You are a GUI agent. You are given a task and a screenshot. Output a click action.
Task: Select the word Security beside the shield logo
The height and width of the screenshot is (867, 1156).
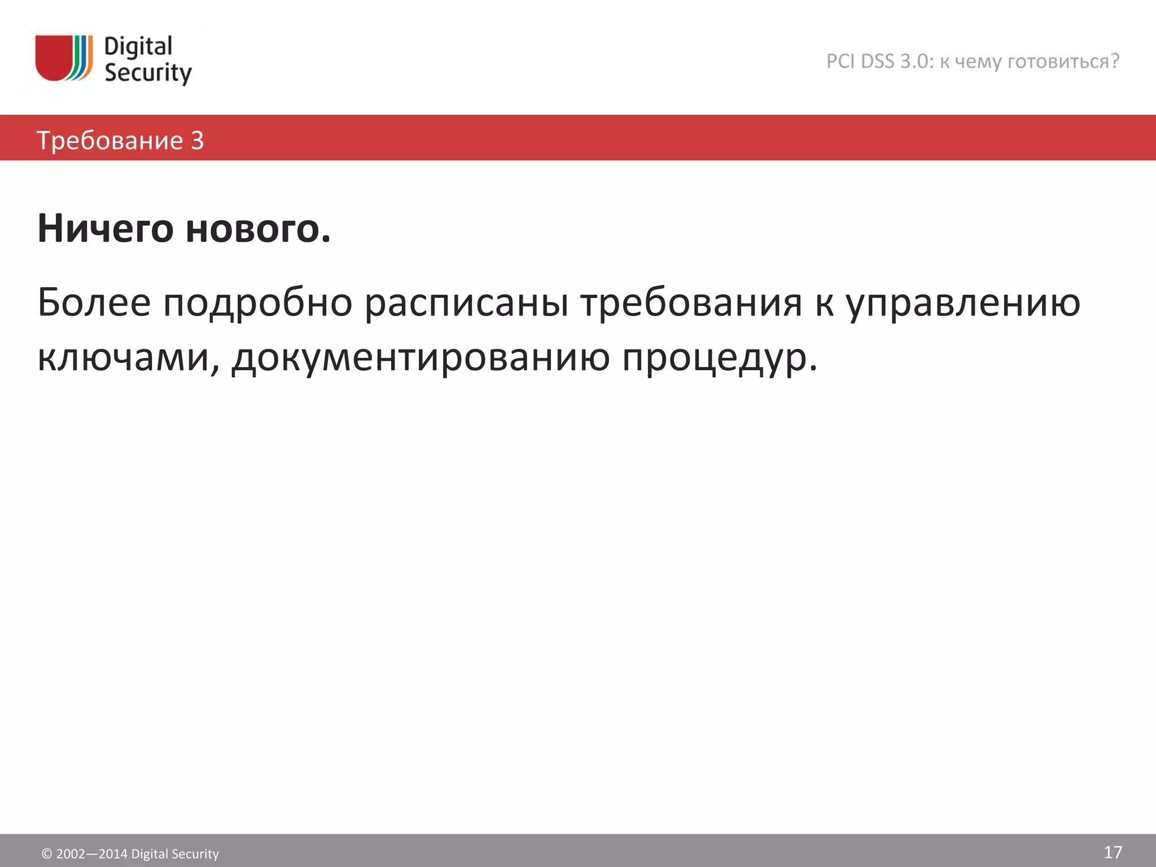pos(148,73)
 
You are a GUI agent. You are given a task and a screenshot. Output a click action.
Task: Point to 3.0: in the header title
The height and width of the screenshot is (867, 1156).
pos(917,61)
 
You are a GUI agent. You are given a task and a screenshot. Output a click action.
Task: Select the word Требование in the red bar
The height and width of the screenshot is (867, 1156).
pos(110,140)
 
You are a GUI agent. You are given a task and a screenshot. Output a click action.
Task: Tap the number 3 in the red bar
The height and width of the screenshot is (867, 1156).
pos(197,140)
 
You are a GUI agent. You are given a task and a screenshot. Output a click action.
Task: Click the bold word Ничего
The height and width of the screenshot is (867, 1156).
pos(106,229)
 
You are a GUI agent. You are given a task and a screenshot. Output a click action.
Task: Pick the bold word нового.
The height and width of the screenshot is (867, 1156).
pos(258,229)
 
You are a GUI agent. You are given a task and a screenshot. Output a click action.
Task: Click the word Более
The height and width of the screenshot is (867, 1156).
pos(94,303)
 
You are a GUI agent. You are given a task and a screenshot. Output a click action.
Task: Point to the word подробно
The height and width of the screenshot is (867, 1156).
pos(258,304)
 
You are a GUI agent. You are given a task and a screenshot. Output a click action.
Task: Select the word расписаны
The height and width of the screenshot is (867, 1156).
pos(466,304)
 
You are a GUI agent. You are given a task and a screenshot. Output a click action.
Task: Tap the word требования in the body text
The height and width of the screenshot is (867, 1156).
pos(691,304)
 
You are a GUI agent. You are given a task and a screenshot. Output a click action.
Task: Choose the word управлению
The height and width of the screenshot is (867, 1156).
pos(963,304)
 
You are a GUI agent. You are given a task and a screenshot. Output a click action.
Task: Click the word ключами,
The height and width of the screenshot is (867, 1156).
pos(128,358)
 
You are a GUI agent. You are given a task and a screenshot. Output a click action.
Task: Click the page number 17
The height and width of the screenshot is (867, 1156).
pos(1113,852)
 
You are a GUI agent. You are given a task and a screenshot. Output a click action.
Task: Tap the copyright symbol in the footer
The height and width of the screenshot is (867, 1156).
pos(47,854)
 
